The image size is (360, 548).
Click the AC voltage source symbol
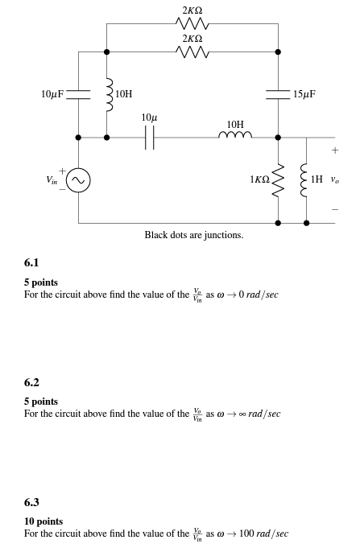(78, 180)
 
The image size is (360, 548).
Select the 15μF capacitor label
(304, 94)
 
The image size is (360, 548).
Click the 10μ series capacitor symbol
(149, 138)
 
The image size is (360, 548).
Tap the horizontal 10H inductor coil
(234, 136)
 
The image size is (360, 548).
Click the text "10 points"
(43, 521)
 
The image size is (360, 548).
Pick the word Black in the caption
(156, 235)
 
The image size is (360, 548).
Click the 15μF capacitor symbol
(279, 94)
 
